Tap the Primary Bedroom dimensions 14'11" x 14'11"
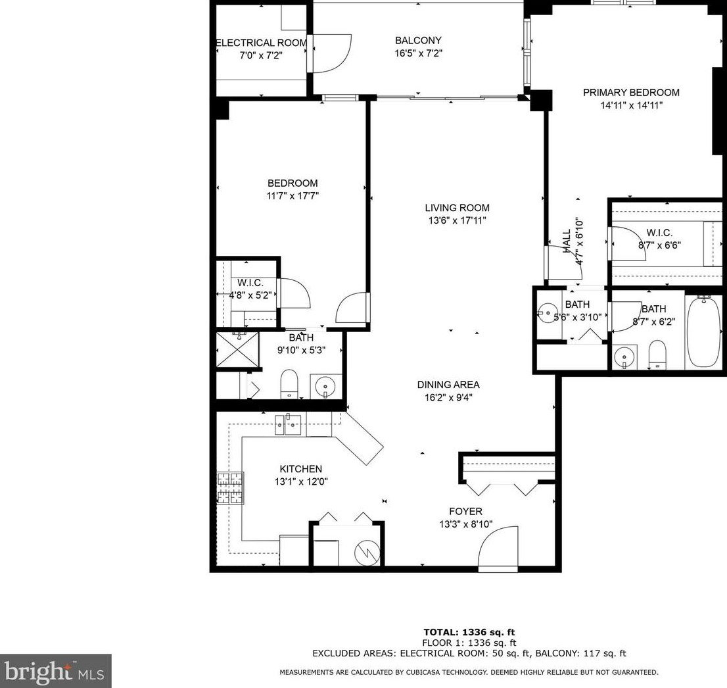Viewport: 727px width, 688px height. [631, 105]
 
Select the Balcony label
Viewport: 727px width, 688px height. [418, 40]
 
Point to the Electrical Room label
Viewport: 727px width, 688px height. [262, 43]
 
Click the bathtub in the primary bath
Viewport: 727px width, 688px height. [704, 332]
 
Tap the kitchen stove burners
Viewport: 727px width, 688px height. [230, 488]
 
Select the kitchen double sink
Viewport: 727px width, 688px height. [289, 424]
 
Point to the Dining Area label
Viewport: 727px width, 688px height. [448, 385]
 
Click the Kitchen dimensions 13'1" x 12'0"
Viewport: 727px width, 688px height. [300, 481]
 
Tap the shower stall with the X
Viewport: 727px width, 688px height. [238, 350]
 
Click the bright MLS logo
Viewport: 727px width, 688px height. [55, 671]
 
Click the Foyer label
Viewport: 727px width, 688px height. [465, 512]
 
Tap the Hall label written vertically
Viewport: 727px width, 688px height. [566, 241]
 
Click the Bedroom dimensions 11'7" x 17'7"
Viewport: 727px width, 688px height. [293, 195]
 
